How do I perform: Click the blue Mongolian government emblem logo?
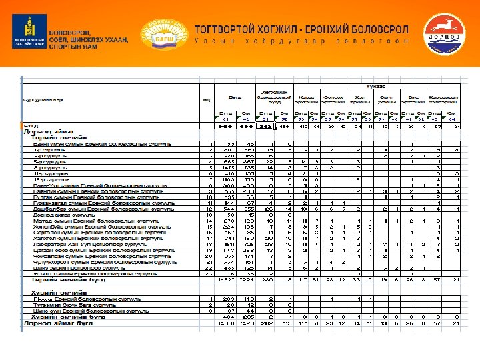[27, 33]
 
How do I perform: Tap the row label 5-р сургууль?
[49, 161]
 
